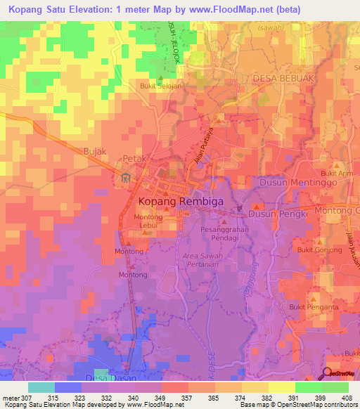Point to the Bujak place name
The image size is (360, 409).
95,151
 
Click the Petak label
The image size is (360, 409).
135,159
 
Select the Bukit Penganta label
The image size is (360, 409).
314,307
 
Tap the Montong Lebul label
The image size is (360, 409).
148,221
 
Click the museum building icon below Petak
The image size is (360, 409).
125,177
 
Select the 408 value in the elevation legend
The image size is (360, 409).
347,398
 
